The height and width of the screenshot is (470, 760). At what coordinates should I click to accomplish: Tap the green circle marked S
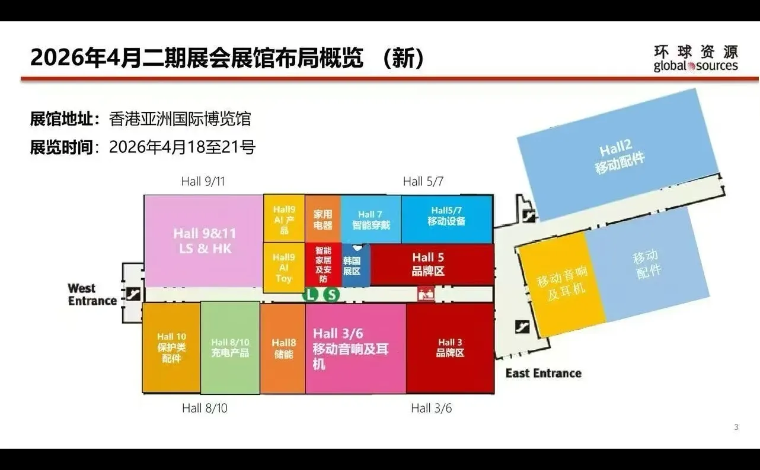coord(332,294)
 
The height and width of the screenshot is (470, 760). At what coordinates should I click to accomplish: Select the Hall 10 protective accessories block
coord(171,347)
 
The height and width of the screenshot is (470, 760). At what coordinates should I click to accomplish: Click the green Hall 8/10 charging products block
coord(230,347)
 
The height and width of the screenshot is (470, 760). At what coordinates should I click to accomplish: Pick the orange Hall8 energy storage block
coord(283,348)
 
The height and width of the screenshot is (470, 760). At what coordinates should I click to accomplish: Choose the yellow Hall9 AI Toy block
coord(283,268)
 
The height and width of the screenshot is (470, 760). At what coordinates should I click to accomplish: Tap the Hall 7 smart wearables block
coord(371,220)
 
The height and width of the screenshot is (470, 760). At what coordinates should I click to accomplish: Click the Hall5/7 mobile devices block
coord(447,219)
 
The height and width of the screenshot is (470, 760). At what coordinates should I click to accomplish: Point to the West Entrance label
coord(92,295)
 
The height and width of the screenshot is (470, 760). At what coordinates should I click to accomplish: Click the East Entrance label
coord(543,373)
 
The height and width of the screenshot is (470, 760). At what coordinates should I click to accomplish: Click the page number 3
coord(736,427)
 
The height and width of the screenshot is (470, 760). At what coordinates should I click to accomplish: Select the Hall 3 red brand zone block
coord(450,348)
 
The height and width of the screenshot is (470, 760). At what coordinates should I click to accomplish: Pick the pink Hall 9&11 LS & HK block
coord(203,241)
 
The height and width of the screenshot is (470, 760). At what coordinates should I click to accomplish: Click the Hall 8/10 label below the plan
coord(205,408)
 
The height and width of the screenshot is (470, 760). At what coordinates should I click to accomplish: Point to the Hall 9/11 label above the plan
coord(203,181)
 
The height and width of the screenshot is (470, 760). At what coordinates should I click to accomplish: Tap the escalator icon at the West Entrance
coord(133,294)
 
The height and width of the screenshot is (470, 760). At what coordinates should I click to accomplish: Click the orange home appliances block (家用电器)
coord(322,219)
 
